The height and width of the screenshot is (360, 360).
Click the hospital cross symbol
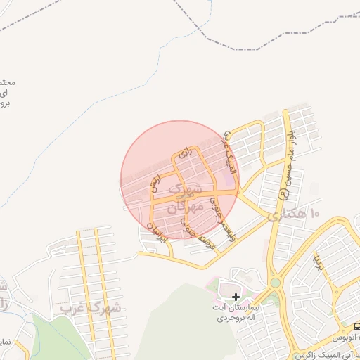tap(236, 297)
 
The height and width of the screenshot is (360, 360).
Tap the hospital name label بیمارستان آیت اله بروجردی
tap(238, 313)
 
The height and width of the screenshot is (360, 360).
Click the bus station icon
tap(356, 326)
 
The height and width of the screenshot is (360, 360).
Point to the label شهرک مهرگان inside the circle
tap(186, 198)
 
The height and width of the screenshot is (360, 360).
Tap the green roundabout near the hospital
tap(275, 283)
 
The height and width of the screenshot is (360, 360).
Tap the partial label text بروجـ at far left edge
tap(5, 104)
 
